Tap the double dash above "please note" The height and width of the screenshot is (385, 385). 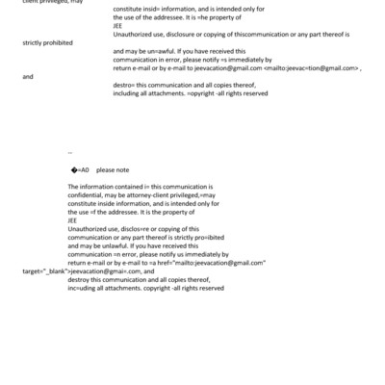[70, 151]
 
